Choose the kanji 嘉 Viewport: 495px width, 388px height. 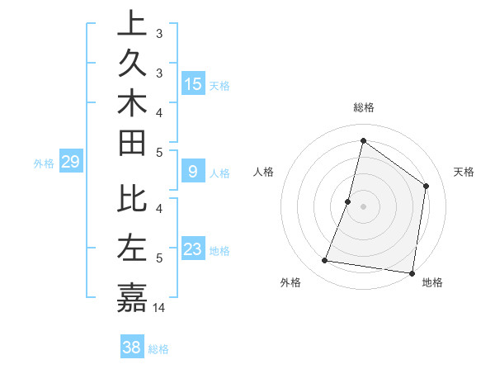[132, 296]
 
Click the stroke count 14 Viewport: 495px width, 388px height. [160, 307]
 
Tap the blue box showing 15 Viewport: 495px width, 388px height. [193, 84]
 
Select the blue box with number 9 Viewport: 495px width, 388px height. [193, 172]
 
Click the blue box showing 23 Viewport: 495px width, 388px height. [193, 250]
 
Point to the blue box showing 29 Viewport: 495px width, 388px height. [70, 163]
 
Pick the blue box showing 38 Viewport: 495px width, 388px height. [132, 348]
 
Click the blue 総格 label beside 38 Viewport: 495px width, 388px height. [159, 349]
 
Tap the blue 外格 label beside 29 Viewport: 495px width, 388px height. [44, 163]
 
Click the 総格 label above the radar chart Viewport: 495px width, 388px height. [364, 107]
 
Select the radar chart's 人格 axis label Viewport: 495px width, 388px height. [264, 172]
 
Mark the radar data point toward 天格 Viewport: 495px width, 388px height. [427, 186]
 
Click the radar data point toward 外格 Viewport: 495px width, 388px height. [325, 261]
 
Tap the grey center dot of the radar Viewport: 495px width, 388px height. [364, 206]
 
